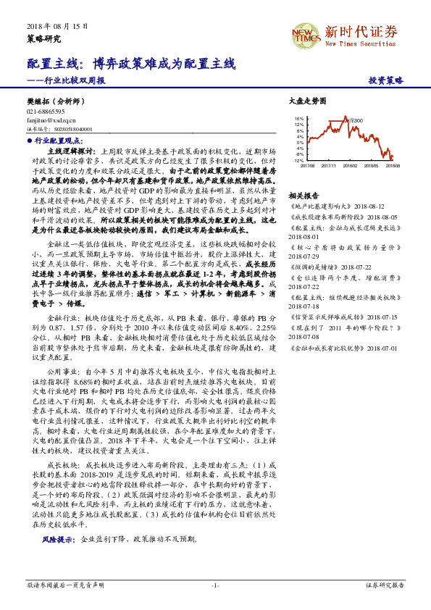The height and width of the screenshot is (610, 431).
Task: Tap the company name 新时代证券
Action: (x=360, y=32)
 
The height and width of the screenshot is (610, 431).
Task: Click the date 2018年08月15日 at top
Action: (x=51, y=25)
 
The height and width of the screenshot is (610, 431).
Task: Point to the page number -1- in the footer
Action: (x=215, y=585)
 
